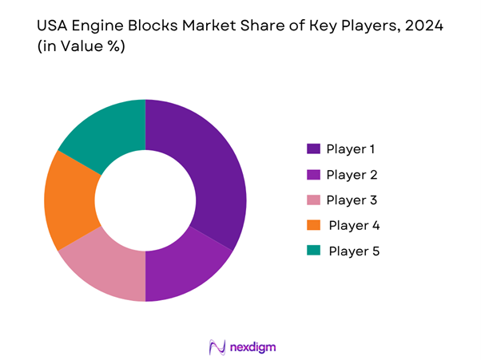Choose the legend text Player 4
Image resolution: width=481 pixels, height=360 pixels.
pyautogui.click(x=353, y=225)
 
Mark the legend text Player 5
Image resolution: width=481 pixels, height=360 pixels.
pyautogui.click(x=353, y=251)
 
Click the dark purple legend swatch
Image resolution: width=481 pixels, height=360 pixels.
pyautogui.click(x=314, y=148)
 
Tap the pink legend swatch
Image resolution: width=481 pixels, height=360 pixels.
pyautogui.click(x=314, y=200)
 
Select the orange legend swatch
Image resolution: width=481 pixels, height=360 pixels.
pyautogui.click(x=314, y=225)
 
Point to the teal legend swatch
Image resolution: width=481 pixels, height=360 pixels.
pyautogui.click(x=314, y=251)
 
